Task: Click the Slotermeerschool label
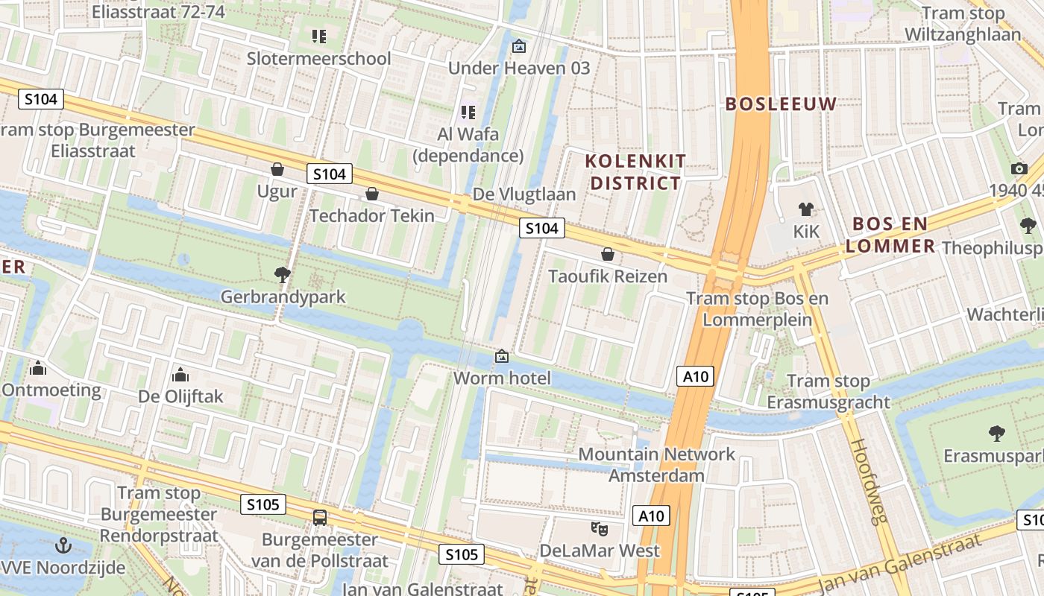point(318,58)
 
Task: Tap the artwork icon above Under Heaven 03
point(518,47)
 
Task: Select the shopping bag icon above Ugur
point(277,169)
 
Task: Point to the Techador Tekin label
point(371,216)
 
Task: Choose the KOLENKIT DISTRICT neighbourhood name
point(635,172)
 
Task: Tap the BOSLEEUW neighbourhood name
point(782,104)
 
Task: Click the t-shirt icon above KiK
point(806,209)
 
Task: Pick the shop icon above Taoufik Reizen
point(608,255)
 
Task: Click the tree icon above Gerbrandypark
point(283,275)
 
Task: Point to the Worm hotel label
point(502,378)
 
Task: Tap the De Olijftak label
point(180,396)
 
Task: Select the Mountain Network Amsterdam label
point(656,465)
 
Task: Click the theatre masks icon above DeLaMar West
point(599,529)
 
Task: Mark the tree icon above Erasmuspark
point(996,434)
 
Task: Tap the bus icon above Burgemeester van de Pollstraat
point(319,517)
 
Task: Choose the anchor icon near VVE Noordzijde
point(64,546)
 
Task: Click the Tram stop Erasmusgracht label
point(828,392)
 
